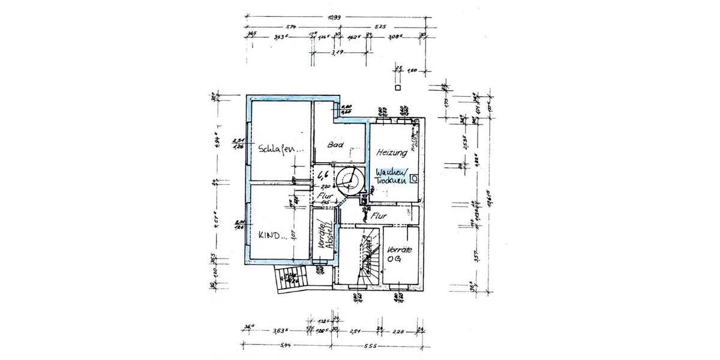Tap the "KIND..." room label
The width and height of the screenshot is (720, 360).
[272, 235]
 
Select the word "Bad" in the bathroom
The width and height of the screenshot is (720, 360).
[335, 145]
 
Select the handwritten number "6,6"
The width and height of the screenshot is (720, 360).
[322, 175]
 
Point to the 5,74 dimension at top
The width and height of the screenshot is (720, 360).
[292, 27]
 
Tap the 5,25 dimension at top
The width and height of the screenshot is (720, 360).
[379, 27]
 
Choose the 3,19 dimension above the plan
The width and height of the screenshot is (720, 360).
[337, 52]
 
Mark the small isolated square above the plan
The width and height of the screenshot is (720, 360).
[397, 88]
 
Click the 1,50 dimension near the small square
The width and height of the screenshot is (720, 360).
[412, 70]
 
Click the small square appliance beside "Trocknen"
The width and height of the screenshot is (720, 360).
[414, 179]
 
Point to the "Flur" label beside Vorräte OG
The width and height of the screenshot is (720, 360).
[379, 215]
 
